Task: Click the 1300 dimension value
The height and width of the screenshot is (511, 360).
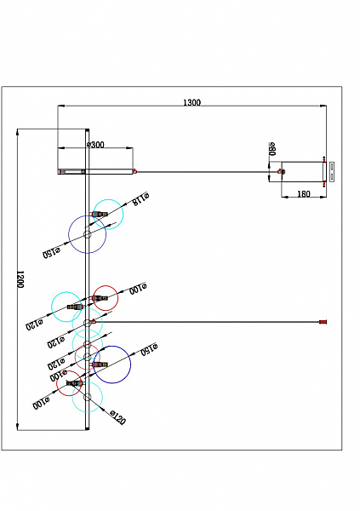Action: [191, 102]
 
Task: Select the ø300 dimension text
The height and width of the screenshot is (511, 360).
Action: [95, 146]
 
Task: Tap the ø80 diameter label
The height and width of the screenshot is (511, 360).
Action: [272, 149]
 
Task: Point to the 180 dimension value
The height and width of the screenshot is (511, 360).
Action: [303, 194]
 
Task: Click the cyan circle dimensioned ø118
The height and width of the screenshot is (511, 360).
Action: [109, 213]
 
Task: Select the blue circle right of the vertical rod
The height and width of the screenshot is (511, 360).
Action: [111, 364]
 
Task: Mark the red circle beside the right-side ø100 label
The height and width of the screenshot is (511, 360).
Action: [106, 297]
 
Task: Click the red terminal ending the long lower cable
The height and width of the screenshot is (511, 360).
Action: [323, 322]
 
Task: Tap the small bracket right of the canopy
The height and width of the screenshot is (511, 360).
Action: [333, 170]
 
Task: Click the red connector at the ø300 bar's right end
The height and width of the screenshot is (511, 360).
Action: [134, 171]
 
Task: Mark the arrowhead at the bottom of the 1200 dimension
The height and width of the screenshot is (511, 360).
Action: [18, 426]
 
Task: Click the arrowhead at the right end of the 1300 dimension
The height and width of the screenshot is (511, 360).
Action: [324, 106]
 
